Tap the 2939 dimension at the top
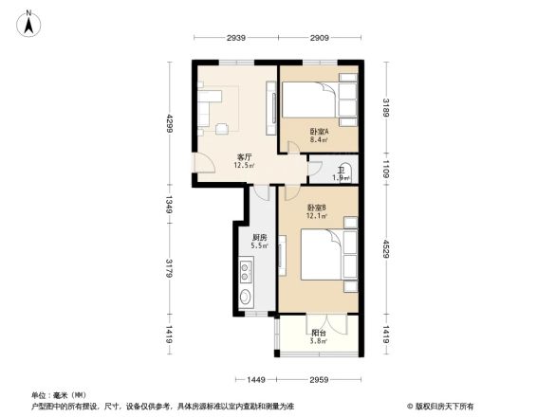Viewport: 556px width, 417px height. click(x=235, y=37)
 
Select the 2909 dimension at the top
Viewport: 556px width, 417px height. click(x=318, y=37)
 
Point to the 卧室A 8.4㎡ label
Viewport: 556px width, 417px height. click(x=319, y=135)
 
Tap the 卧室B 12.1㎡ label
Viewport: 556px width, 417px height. click(x=316, y=211)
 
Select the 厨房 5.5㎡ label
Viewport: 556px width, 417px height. click(x=259, y=242)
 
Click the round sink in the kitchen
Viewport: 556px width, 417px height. click(x=246, y=296)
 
